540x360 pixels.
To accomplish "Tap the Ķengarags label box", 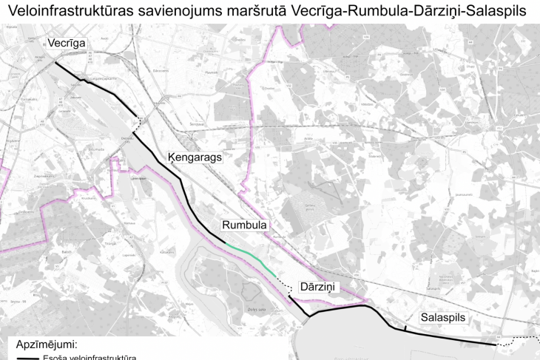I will pos(195,157).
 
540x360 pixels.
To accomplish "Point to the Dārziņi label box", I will pos(317,286).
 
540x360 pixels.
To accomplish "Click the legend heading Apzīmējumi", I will pos(47,344).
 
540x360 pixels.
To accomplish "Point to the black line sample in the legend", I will pos(27,357).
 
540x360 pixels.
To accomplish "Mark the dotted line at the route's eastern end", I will pos(518,340).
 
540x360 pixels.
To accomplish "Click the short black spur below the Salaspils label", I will pos(405,327).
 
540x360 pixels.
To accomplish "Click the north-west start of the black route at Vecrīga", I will pos(56,63).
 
